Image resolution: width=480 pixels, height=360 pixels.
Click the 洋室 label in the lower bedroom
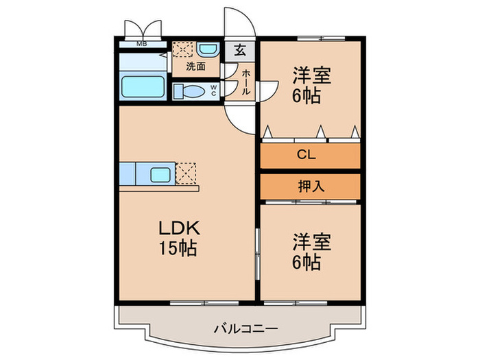tap(313, 241)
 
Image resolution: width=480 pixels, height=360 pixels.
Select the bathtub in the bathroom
tap(142, 87)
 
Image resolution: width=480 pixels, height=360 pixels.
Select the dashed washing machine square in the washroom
tap(182, 51)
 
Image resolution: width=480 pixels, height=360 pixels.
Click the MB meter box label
tap(141, 45)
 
